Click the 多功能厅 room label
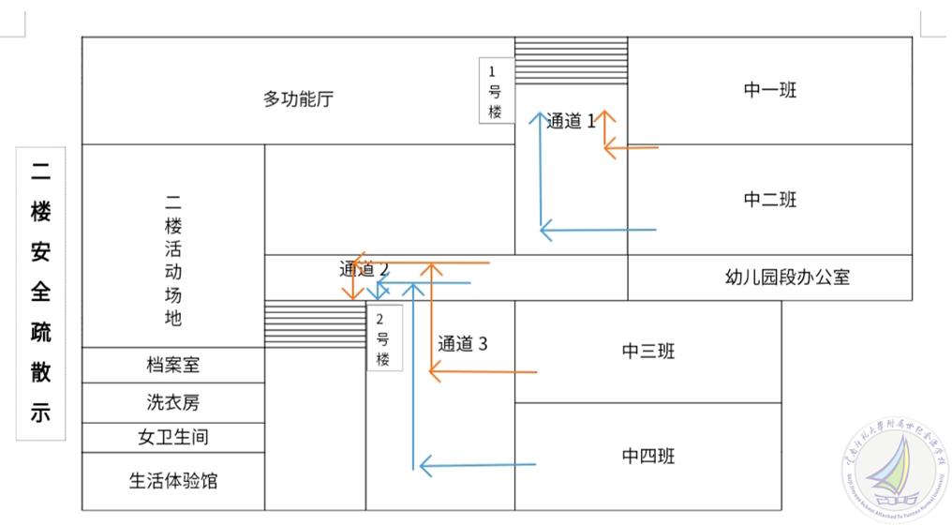(x=298, y=98)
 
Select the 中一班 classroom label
(x=769, y=90)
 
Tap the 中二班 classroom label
(x=769, y=199)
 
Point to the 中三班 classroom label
(x=647, y=351)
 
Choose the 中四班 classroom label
(x=647, y=457)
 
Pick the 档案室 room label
(x=172, y=365)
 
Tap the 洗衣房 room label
(x=172, y=402)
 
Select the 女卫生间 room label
(x=172, y=437)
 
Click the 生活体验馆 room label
(x=172, y=480)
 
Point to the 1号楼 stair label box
(x=496, y=91)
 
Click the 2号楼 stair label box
(x=383, y=338)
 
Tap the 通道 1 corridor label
(x=571, y=120)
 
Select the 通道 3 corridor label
(x=462, y=343)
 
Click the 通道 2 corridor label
(x=364, y=269)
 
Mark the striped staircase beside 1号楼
(x=571, y=61)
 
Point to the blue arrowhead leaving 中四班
(x=425, y=464)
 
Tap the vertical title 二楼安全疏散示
(x=40, y=293)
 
